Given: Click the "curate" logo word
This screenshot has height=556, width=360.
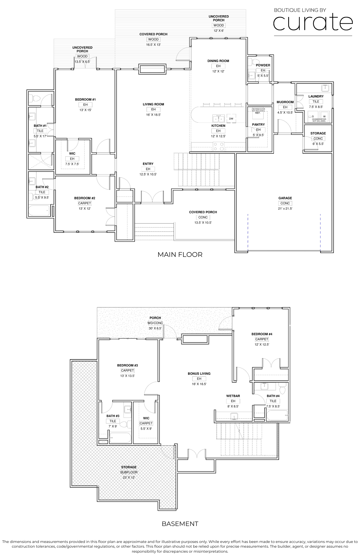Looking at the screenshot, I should [313, 23].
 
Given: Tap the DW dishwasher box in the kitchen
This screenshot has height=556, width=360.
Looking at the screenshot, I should [231, 119].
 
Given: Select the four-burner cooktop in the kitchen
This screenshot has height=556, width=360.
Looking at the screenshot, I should [219, 146].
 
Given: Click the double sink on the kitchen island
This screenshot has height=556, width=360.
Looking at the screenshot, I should [219, 119].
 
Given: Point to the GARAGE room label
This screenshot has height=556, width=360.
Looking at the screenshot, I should [285, 198].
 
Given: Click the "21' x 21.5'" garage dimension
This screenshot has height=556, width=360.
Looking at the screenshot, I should [285, 209].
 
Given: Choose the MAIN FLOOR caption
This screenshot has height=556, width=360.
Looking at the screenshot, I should [180, 254].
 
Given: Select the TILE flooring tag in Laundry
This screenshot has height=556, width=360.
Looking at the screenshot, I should [316, 102].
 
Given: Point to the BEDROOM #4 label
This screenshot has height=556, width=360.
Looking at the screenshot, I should [262, 334].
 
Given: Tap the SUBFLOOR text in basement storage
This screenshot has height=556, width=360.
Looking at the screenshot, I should [129, 472].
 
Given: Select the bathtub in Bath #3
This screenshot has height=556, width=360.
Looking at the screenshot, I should [120, 438].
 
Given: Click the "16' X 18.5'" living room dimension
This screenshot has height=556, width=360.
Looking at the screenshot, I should [153, 115].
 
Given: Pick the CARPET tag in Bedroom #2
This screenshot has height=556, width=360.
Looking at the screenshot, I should [85, 203].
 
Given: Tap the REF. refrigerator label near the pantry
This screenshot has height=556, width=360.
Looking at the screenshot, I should [258, 113].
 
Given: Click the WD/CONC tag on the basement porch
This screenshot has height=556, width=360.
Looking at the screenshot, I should [155, 323].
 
